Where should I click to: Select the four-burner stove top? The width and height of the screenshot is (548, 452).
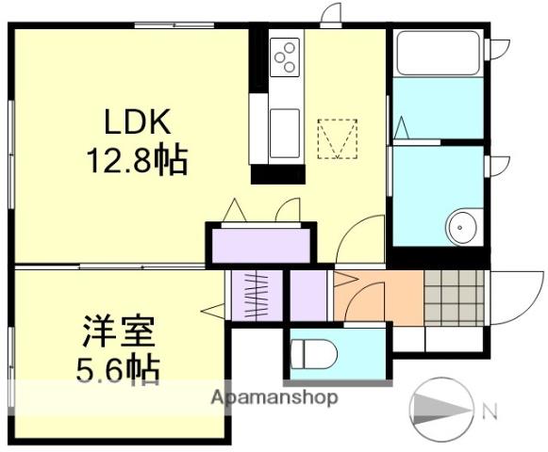[285, 57]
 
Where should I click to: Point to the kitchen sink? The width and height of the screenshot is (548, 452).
[284, 132]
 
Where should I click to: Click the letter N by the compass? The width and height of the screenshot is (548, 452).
[490, 411]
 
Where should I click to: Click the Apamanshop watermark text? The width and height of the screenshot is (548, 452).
[274, 397]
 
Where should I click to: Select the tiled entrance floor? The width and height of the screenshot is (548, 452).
[456, 298]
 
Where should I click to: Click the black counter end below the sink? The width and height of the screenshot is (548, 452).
[278, 174]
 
